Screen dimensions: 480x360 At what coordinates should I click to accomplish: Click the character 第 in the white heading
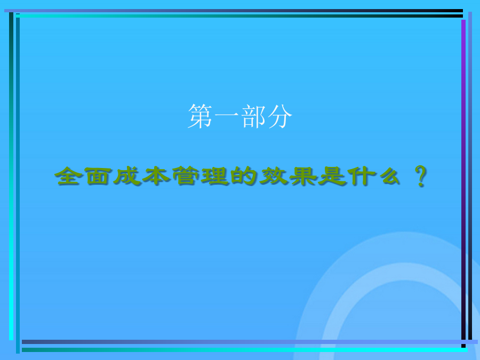(x=200, y=116)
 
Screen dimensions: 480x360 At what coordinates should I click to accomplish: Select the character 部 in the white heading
(x=253, y=116)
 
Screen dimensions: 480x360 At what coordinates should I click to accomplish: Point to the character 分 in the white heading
(x=279, y=116)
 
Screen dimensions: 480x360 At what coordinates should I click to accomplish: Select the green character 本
(x=156, y=175)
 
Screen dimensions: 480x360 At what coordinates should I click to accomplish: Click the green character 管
(x=186, y=175)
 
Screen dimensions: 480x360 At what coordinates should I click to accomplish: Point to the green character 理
(x=215, y=176)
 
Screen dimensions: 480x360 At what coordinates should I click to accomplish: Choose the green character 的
(x=243, y=175)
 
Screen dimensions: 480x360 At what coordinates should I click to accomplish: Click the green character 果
(x=303, y=176)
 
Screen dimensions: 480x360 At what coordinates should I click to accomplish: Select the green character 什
(x=362, y=176)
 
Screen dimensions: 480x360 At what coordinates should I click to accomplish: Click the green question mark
(x=421, y=176)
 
